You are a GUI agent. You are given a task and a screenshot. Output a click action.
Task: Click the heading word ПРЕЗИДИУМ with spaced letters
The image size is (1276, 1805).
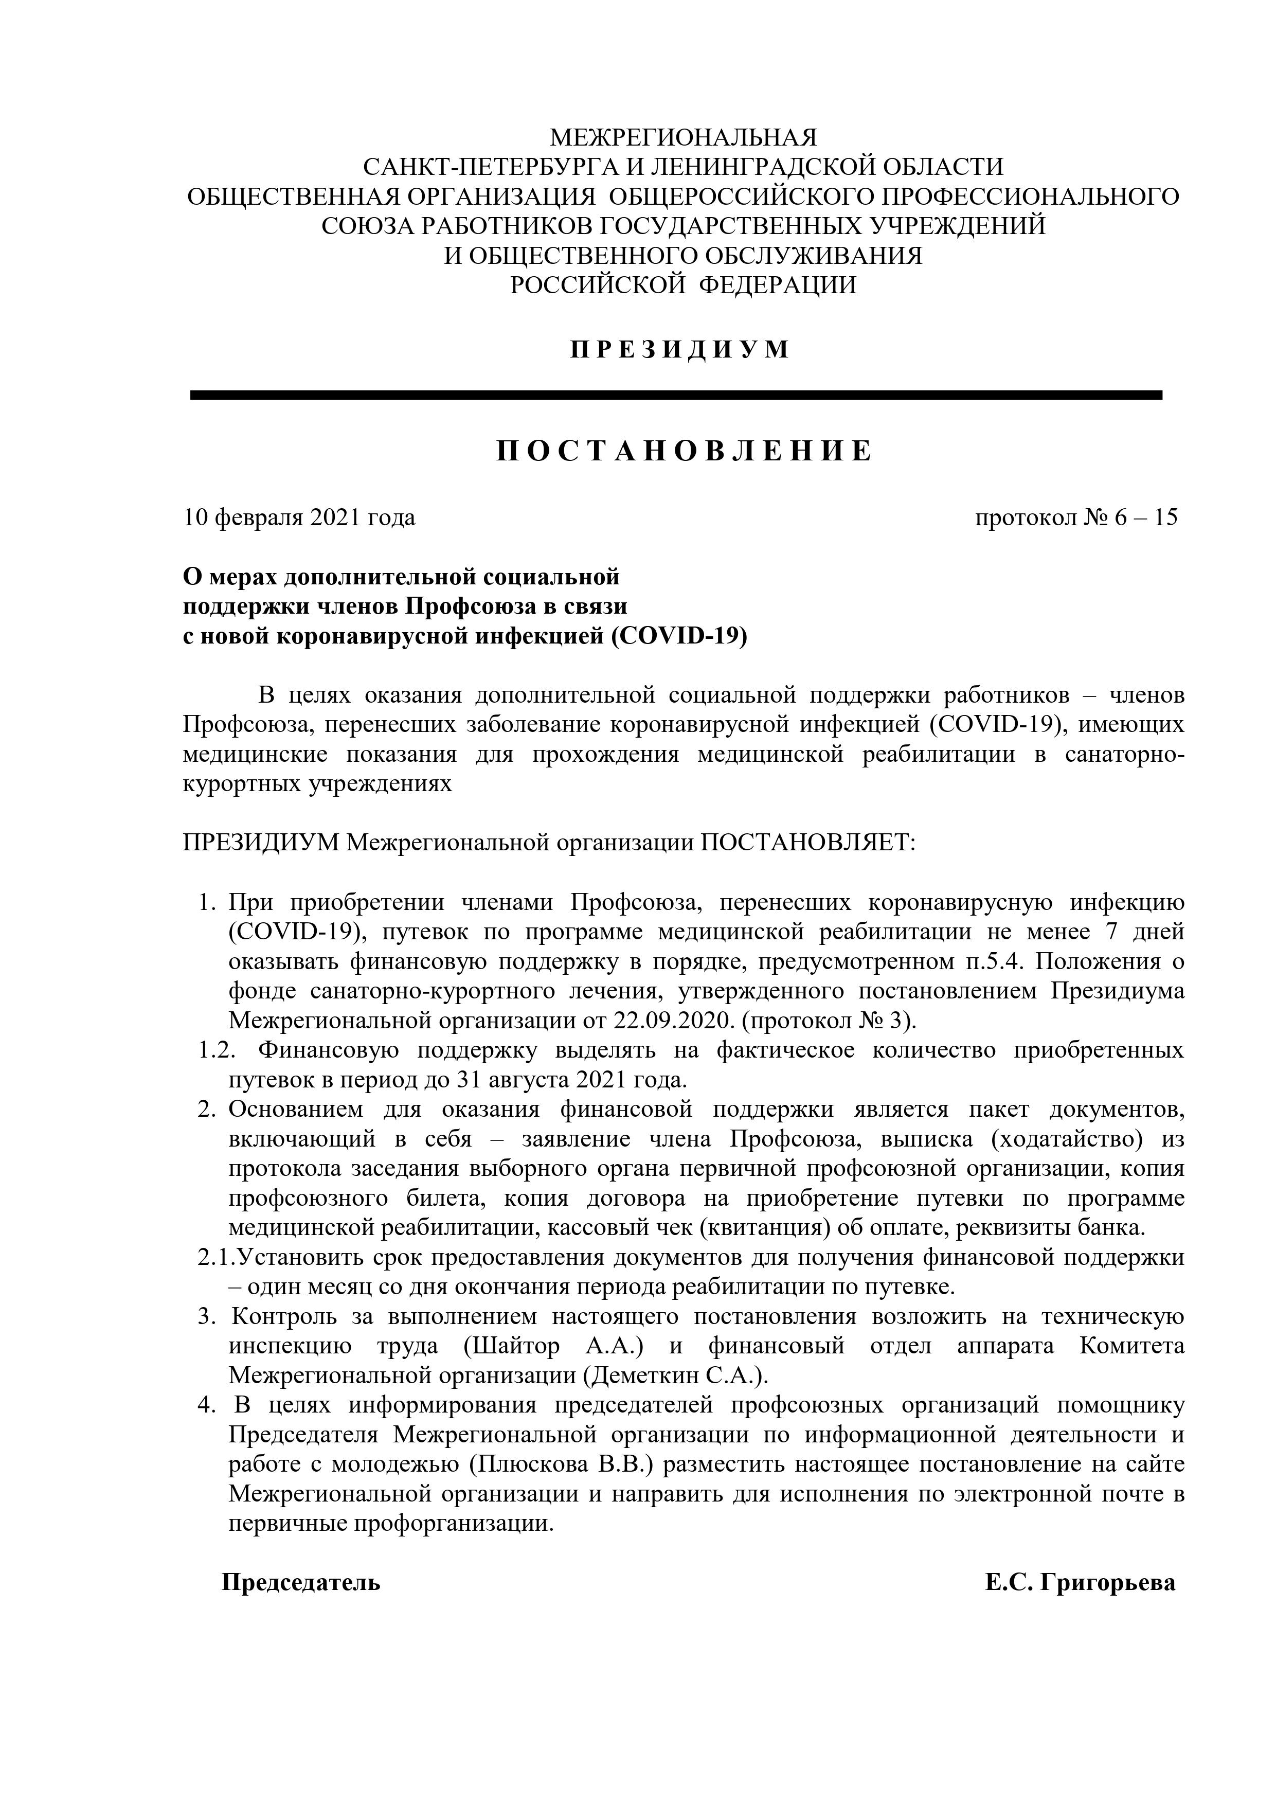(680, 349)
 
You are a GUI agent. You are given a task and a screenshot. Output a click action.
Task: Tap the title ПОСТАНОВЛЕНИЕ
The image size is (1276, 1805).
(684, 451)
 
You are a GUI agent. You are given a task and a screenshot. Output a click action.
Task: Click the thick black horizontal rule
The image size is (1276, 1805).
(676, 396)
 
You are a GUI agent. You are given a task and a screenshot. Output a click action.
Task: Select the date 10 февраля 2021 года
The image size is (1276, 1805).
(299, 518)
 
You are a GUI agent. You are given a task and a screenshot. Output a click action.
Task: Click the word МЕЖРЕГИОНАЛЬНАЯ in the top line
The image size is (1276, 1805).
(683, 137)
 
